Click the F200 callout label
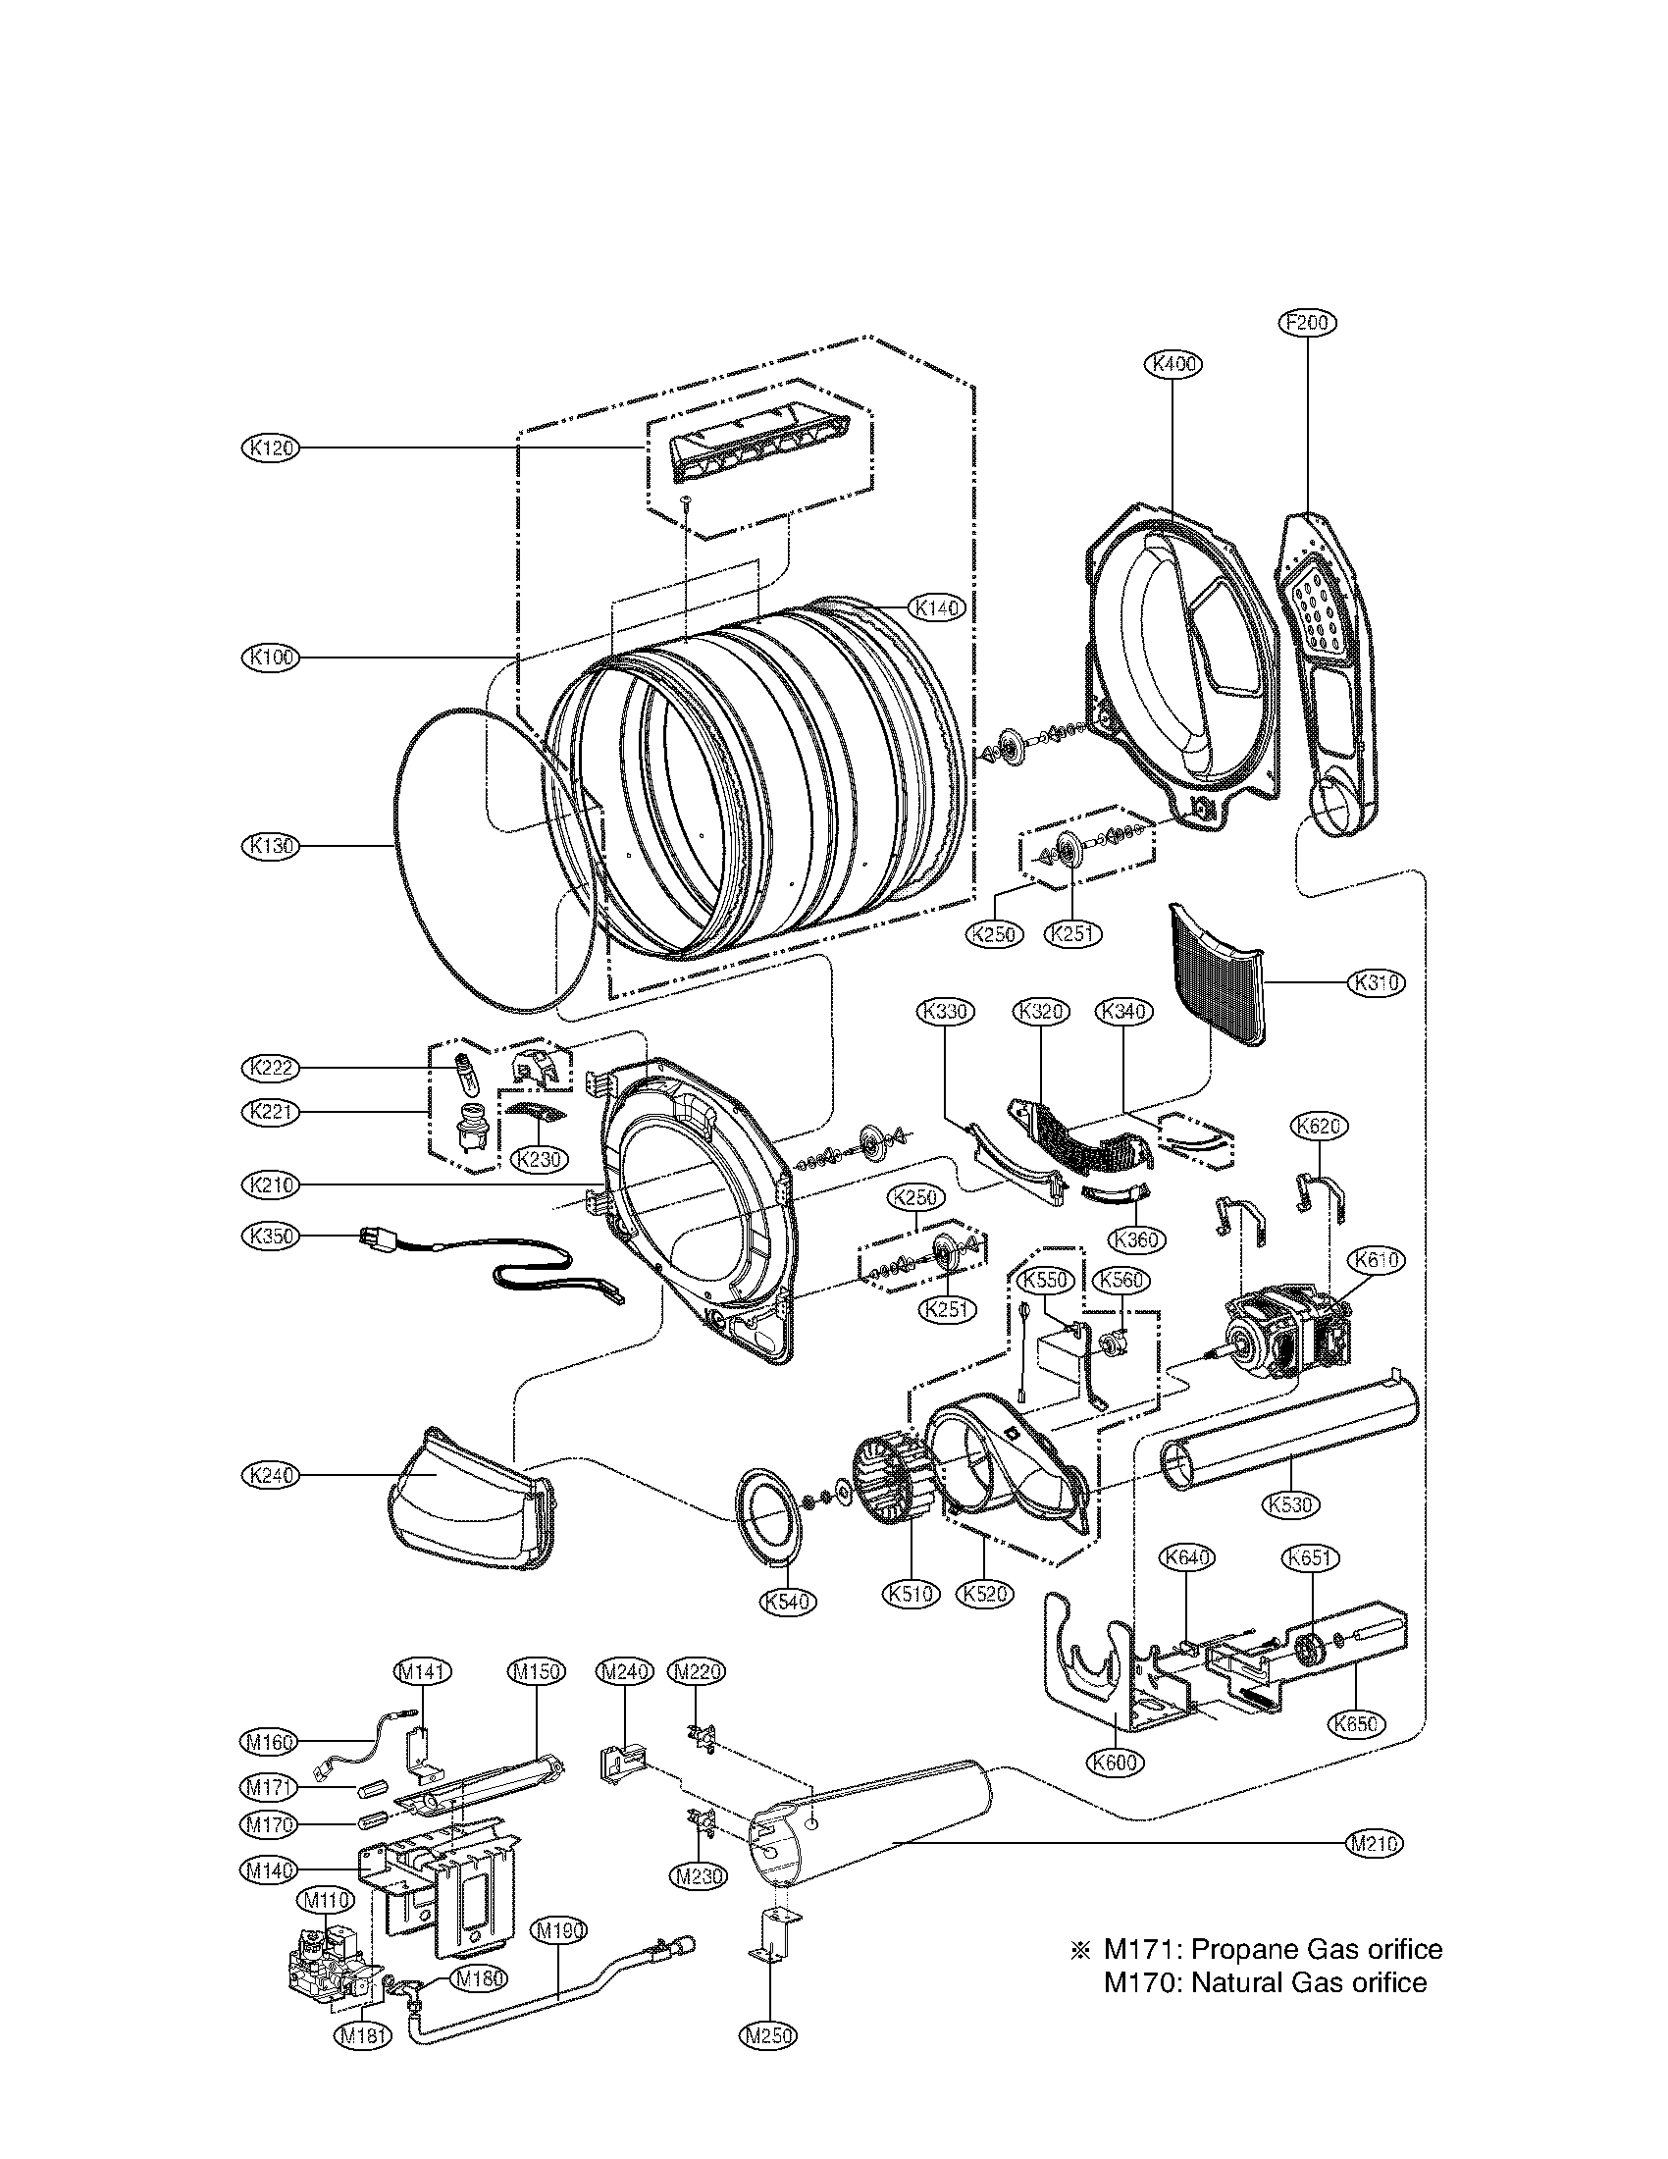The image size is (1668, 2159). (1307, 322)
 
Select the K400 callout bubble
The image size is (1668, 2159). (1173, 364)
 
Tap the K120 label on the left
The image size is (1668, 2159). (270, 448)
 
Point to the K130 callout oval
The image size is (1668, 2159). (270, 845)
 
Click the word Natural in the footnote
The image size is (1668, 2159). (1242, 1982)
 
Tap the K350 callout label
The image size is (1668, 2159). (270, 1236)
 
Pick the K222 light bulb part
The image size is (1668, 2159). (462, 1070)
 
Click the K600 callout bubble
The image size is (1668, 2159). (1116, 1761)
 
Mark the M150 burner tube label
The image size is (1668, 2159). (536, 1670)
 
